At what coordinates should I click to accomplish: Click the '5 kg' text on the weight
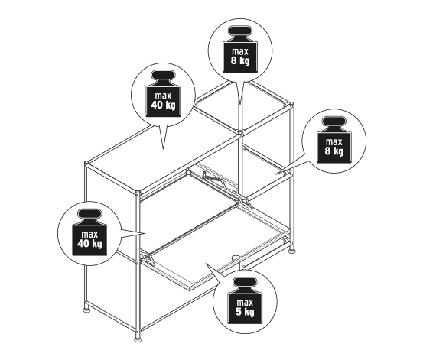pyautogui.click(x=245, y=312)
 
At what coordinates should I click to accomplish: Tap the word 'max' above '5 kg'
pyautogui.click(x=245, y=302)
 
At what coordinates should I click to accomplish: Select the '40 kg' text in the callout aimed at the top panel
pyautogui.click(x=163, y=105)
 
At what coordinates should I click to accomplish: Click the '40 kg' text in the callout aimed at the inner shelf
pyautogui.click(x=89, y=244)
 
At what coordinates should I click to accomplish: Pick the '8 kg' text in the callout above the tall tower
pyautogui.click(x=240, y=60)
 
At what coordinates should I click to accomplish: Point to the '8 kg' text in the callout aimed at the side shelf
pyautogui.click(x=334, y=151)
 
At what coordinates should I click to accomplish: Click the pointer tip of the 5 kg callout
pyautogui.click(x=207, y=264)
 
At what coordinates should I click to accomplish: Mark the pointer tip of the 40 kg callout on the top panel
pyautogui.click(x=163, y=149)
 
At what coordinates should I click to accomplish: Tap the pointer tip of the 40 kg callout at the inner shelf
pyautogui.click(x=145, y=233)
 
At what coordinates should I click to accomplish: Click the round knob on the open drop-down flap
pyautogui.click(x=236, y=257)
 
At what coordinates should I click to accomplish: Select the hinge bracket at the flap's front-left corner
pyautogui.click(x=148, y=258)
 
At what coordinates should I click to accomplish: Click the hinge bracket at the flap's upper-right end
pyautogui.click(x=245, y=202)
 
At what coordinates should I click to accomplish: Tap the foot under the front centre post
pyautogui.click(x=138, y=339)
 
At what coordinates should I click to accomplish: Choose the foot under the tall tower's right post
pyautogui.click(x=291, y=251)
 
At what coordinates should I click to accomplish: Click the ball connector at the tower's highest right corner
pyautogui.click(x=291, y=104)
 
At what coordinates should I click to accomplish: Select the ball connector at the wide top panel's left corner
pyautogui.click(x=86, y=163)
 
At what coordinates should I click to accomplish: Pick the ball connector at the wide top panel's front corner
pyautogui.click(x=138, y=193)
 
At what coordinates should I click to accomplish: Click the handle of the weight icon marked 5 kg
pyautogui.click(x=245, y=282)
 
